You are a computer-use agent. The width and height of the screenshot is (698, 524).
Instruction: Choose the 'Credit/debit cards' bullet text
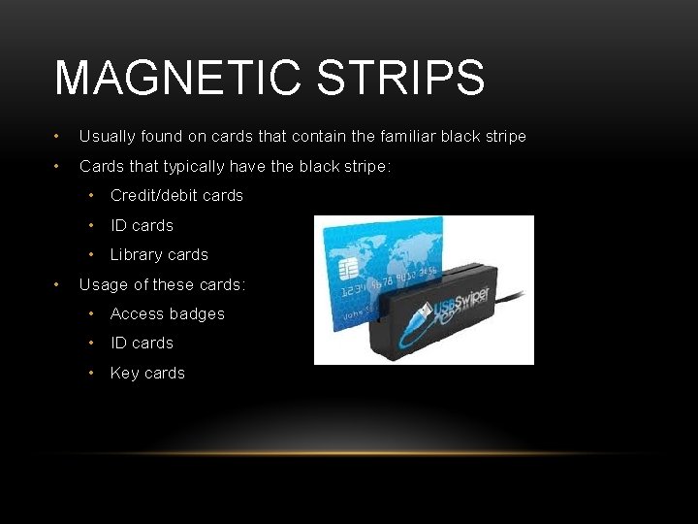(176, 195)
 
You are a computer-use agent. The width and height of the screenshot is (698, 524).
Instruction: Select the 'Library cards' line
(159, 254)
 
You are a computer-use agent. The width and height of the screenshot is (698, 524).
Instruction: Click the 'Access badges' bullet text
(167, 313)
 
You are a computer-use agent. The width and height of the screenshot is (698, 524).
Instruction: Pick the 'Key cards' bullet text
(147, 373)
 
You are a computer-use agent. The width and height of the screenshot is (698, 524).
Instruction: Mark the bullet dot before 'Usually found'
(59, 137)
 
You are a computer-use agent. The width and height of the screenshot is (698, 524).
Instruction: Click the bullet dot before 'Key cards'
(91, 373)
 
